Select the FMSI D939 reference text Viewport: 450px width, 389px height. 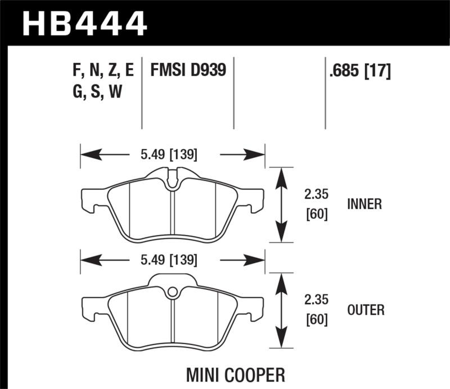tap(188, 70)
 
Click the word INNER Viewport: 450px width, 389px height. tap(364, 204)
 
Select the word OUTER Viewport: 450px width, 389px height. tap(366, 310)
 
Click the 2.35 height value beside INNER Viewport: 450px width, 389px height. tap(316, 194)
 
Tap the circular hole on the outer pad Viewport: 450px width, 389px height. tap(173, 292)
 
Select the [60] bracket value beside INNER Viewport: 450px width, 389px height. tap(316, 214)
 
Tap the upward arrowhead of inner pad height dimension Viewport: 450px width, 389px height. tap(281, 174)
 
